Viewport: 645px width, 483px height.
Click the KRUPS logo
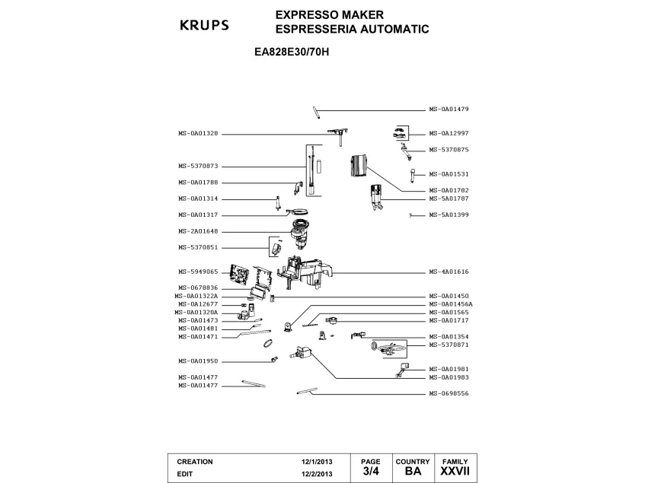[204, 25]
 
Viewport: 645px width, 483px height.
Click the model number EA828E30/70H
[292, 52]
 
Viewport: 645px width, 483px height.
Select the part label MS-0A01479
[449, 110]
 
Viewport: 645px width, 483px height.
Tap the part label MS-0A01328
[198, 133]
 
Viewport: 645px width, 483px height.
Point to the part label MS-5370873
[198, 167]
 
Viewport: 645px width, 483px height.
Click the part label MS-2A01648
[198, 231]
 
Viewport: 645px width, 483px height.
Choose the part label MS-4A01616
[449, 272]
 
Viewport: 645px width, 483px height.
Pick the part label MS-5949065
[198, 272]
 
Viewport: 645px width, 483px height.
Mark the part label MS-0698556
[449, 393]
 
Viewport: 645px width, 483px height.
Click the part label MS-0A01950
[198, 361]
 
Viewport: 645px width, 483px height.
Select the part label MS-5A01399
[449, 214]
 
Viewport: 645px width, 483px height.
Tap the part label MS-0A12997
[449, 133]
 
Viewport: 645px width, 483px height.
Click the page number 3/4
[371, 471]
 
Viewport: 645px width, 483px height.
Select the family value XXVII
[455, 471]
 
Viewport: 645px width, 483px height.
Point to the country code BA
[413, 471]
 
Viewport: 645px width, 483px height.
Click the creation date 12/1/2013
[317, 462]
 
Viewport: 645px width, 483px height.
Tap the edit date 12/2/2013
[317, 474]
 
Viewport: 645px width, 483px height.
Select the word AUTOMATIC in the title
[395, 29]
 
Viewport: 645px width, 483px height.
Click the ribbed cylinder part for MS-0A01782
[358, 166]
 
